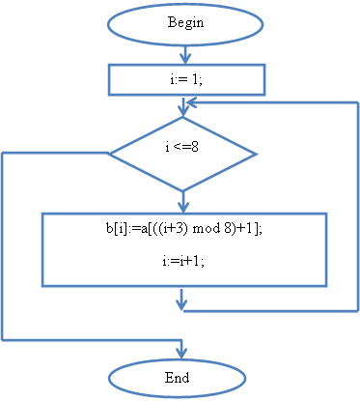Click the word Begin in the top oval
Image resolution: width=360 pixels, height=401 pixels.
coord(185,23)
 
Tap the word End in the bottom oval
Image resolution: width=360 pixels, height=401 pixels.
coord(177,377)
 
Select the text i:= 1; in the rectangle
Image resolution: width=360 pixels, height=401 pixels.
coord(186,79)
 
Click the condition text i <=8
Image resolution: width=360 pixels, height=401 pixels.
coord(181,147)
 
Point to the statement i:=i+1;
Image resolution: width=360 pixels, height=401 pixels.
coord(183,261)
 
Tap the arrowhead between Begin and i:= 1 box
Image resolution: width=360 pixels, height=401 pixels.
coord(185,58)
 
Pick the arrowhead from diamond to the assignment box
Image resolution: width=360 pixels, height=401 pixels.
coord(183,206)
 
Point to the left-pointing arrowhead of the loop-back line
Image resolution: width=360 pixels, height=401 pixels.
coord(192,102)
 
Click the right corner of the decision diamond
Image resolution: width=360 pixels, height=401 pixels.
coord(257,155)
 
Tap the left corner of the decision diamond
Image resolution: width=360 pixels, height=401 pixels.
coord(108,154)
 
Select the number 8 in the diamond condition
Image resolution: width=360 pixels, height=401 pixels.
coord(195,147)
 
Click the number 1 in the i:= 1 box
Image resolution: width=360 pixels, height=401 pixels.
coord(194,79)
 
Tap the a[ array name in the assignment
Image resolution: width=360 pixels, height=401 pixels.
coord(145,228)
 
